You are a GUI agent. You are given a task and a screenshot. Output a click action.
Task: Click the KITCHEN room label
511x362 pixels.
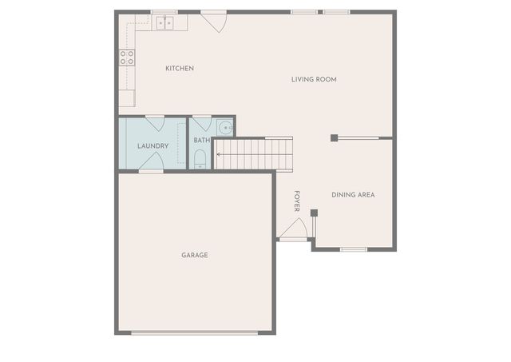[x=180, y=69]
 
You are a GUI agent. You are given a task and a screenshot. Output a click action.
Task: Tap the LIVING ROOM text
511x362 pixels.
[x=314, y=79]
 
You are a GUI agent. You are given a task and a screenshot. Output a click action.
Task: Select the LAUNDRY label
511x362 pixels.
[x=153, y=145]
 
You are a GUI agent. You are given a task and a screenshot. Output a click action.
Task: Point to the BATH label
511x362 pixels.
[x=201, y=141]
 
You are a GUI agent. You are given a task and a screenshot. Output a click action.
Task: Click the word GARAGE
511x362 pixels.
[x=195, y=255]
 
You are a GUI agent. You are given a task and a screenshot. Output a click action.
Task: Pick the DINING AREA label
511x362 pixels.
[x=353, y=195]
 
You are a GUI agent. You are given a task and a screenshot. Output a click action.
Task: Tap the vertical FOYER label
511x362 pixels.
[x=296, y=201]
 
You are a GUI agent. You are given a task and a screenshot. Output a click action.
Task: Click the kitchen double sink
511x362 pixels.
[x=166, y=23]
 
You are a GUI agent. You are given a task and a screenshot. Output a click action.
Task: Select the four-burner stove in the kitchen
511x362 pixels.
[x=127, y=57]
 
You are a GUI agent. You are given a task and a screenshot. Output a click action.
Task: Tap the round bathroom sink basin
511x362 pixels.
[x=225, y=128]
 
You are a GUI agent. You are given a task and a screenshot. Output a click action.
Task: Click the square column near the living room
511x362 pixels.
[x=334, y=137]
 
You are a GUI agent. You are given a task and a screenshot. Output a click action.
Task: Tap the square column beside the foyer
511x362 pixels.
[x=314, y=213]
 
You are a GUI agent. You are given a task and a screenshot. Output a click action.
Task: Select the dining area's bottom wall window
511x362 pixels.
[x=353, y=249]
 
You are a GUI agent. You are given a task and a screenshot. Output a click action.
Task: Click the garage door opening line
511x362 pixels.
[x=195, y=333]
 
